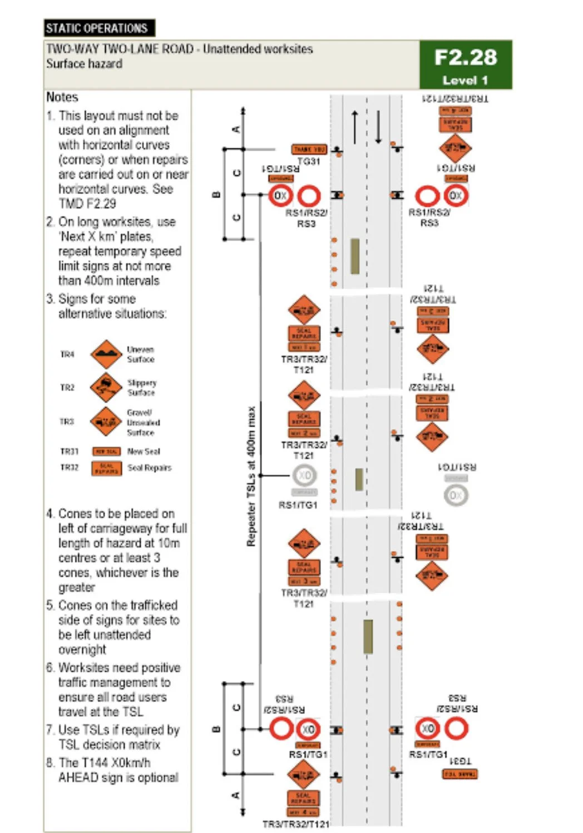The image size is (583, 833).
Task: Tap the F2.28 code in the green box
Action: (465, 57)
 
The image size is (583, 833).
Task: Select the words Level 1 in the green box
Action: (465, 80)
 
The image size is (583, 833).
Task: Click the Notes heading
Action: (62, 97)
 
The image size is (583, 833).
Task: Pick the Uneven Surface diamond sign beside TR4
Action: (106, 354)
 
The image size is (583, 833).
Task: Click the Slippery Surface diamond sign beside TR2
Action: (106, 388)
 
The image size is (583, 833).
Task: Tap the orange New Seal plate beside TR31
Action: (106, 452)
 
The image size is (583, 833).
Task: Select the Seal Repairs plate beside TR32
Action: (106, 468)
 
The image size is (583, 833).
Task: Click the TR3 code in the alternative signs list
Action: (67, 422)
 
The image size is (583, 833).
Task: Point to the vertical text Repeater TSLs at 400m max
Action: (251, 476)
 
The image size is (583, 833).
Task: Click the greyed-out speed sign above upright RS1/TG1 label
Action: (305, 475)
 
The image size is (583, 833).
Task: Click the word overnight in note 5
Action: (82, 649)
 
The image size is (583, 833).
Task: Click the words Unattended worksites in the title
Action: (258, 49)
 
